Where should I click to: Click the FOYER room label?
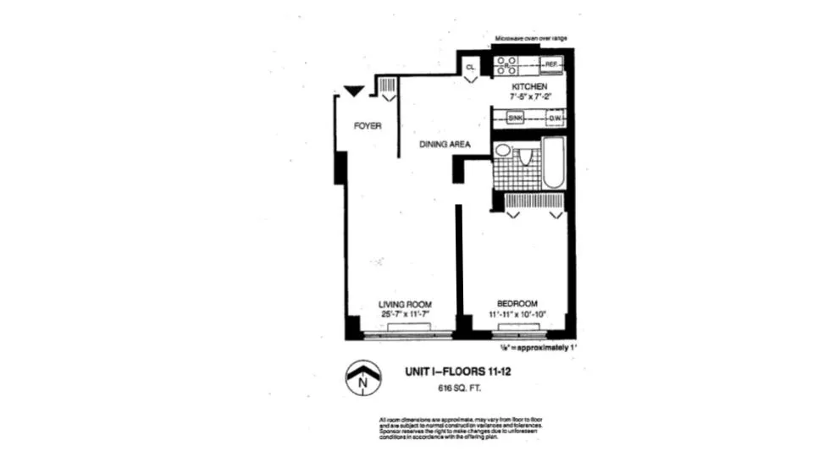click(368, 126)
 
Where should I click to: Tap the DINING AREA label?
click(445, 145)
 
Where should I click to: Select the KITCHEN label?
click(529, 87)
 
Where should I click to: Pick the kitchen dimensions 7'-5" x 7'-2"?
click(530, 97)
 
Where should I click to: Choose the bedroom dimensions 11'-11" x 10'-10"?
click(516, 315)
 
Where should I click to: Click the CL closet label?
click(470, 65)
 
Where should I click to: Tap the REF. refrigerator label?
click(551, 64)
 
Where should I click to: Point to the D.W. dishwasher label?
click(555, 118)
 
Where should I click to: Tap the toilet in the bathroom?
click(525, 157)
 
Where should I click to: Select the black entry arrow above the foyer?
click(353, 91)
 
